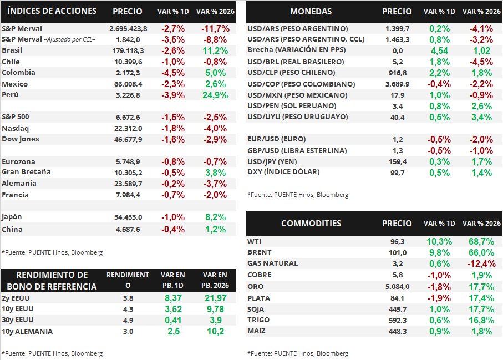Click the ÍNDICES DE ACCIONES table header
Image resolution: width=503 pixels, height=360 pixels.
[53, 11]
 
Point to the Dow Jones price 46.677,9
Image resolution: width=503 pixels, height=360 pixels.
[127, 139]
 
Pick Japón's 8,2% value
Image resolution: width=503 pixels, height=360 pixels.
[212, 217]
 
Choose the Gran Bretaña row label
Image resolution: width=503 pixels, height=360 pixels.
[26, 172]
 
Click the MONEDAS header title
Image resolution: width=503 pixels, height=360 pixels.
[311, 12]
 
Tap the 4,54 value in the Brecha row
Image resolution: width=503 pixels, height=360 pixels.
[439, 50]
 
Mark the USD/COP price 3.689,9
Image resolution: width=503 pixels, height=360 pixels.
[397, 84]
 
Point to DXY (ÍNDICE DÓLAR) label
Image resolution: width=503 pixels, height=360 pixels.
[283, 172]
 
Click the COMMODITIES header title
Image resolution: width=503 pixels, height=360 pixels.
[311, 224]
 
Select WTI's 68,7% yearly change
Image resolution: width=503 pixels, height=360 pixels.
[481, 242]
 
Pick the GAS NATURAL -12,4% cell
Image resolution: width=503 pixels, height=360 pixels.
[481, 263]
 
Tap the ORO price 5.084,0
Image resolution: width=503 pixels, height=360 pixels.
[397, 286]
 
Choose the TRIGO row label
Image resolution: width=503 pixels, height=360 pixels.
[258, 320]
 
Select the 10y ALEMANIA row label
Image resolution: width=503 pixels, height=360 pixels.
[27, 331]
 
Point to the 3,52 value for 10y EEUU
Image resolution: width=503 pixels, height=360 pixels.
[172, 309]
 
